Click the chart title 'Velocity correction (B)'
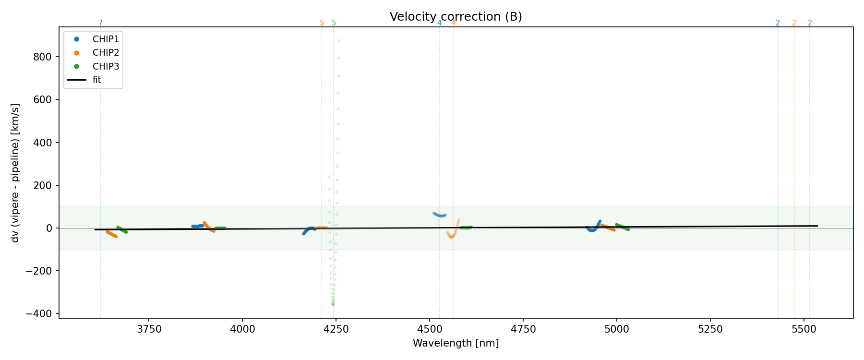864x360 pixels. [456, 17]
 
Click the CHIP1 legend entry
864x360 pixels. [106, 39]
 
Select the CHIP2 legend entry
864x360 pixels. [106, 53]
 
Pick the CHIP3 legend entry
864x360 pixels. [106, 66]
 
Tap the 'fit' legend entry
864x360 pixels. [97, 80]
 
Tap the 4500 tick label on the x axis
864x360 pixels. [430, 329]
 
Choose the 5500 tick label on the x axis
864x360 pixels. [804, 329]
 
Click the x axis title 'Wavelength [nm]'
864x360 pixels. [456, 344]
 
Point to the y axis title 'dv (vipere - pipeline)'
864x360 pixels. [15, 173]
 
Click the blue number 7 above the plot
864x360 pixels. [100, 23]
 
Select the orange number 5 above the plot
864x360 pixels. [322, 23]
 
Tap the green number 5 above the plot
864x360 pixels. [334, 23]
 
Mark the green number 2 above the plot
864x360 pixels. [810, 23]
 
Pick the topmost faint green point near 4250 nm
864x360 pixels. [339, 41]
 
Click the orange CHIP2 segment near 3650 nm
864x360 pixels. [112, 234]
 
